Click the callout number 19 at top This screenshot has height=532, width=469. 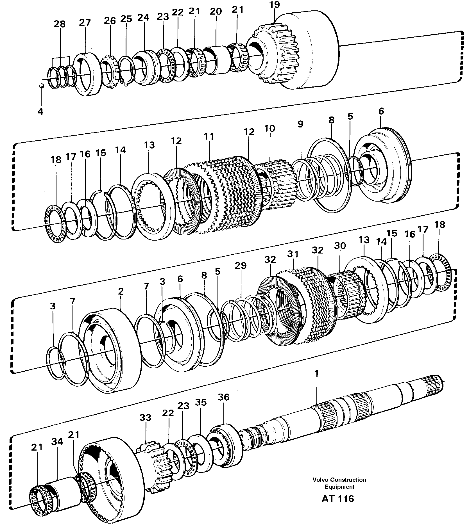point(274,5)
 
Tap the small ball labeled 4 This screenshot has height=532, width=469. point(41,86)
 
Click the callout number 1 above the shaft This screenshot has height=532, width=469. point(317,373)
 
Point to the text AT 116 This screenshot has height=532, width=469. point(338,499)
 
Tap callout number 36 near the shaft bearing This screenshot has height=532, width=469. point(223,397)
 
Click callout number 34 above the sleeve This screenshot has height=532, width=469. point(57,442)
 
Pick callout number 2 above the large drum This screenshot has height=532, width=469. point(121,291)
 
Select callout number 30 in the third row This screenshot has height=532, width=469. point(340,246)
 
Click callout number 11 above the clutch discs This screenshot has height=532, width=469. point(209,137)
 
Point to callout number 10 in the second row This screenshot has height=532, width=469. point(270,129)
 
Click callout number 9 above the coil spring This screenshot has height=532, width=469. point(301,124)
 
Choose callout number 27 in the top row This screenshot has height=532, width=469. point(85,22)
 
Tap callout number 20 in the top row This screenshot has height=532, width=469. point(216,12)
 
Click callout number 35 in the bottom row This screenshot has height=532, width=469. point(201,402)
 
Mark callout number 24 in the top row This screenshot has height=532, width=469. point(144,17)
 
